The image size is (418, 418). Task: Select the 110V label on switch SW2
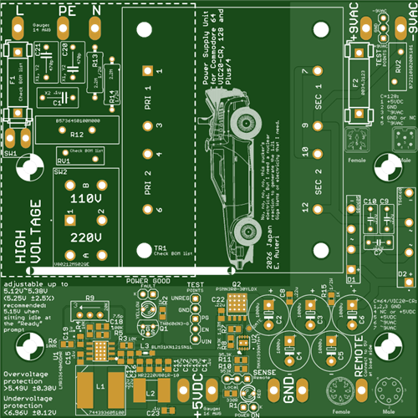click(x=84, y=200)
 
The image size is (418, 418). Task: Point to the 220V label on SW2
click(x=84, y=237)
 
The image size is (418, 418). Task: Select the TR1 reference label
click(x=161, y=249)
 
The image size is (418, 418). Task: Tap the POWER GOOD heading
click(x=147, y=282)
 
